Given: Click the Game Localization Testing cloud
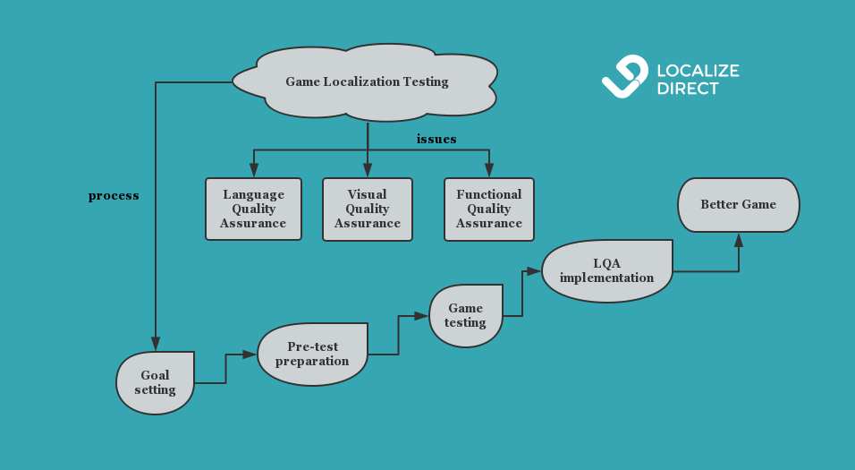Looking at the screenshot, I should pyautogui.click(x=367, y=81).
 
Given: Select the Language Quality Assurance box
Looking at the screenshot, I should pyautogui.click(x=253, y=209).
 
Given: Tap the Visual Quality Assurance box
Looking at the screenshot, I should pyautogui.click(x=367, y=209).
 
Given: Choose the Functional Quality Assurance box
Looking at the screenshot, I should pyautogui.click(x=488, y=209).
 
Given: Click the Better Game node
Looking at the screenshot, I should pyautogui.click(x=738, y=204).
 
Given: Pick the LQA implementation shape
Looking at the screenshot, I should pyautogui.click(x=607, y=270).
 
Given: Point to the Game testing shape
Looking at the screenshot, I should pyautogui.click(x=465, y=315).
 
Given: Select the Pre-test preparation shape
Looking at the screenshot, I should pyautogui.click(x=312, y=354).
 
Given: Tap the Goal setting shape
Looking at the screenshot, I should pyautogui.click(x=155, y=382).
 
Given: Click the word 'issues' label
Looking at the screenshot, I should pyautogui.click(x=436, y=139).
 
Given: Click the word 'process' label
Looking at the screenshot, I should pyautogui.click(x=114, y=195).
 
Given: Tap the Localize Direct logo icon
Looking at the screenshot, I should pyautogui.click(x=624, y=76).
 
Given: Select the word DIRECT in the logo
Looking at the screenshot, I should pyautogui.click(x=688, y=89).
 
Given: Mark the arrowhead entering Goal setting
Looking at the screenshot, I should pyautogui.click(x=156, y=344).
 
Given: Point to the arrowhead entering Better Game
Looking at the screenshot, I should pyautogui.click(x=739, y=239).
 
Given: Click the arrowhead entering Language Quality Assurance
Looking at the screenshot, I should pyautogui.click(x=254, y=170).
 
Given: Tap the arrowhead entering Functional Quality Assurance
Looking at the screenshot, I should pyautogui.click(x=489, y=170).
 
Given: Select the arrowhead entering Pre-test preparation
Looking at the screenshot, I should pyautogui.click(x=250, y=355).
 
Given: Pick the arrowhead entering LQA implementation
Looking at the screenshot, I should pyautogui.click(x=534, y=271).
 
